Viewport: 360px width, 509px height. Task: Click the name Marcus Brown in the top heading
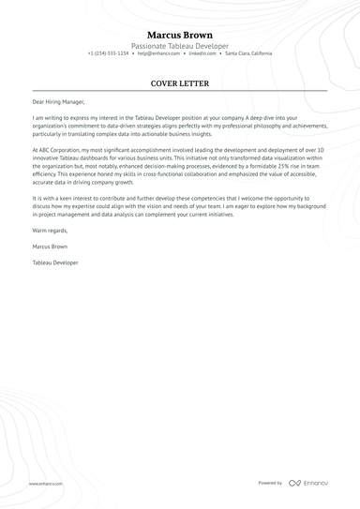click(180, 35)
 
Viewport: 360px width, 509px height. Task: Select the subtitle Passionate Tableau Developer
click(180, 45)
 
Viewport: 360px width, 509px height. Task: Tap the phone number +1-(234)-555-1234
click(109, 53)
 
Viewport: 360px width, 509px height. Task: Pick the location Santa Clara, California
click(242, 53)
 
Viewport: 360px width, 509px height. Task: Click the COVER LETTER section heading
click(180, 83)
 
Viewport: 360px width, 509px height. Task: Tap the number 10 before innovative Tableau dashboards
click(320, 149)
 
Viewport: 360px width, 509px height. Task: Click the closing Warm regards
click(52, 230)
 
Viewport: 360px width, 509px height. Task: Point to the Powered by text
click(270, 483)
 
